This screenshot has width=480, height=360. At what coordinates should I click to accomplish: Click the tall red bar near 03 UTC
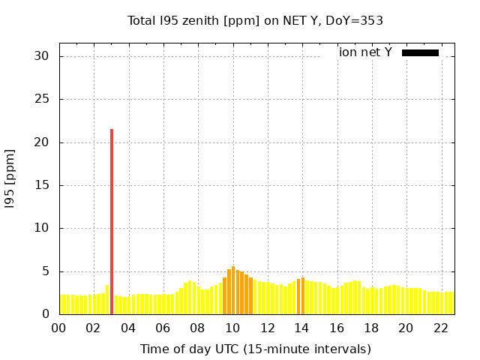(x=112, y=221)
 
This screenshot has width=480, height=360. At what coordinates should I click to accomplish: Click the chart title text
(x=255, y=20)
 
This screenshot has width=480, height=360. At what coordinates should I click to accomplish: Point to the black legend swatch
(x=420, y=52)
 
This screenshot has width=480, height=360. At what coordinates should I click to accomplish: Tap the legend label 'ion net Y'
(x=365, y=52)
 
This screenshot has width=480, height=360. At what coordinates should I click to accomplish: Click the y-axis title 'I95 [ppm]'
(x=10, y=178)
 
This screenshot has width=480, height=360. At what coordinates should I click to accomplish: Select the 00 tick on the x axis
(x=58, y=328)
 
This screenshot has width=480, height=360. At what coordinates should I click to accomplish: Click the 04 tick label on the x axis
(x=128, y=328)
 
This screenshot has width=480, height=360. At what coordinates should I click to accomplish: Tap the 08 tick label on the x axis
(x=198, y=328)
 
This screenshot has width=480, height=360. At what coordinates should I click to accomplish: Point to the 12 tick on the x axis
(x=267, y=328)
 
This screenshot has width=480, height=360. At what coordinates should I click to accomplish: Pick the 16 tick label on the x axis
(x=337, y=328)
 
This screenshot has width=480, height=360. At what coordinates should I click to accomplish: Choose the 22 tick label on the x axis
(x=440, y=328)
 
